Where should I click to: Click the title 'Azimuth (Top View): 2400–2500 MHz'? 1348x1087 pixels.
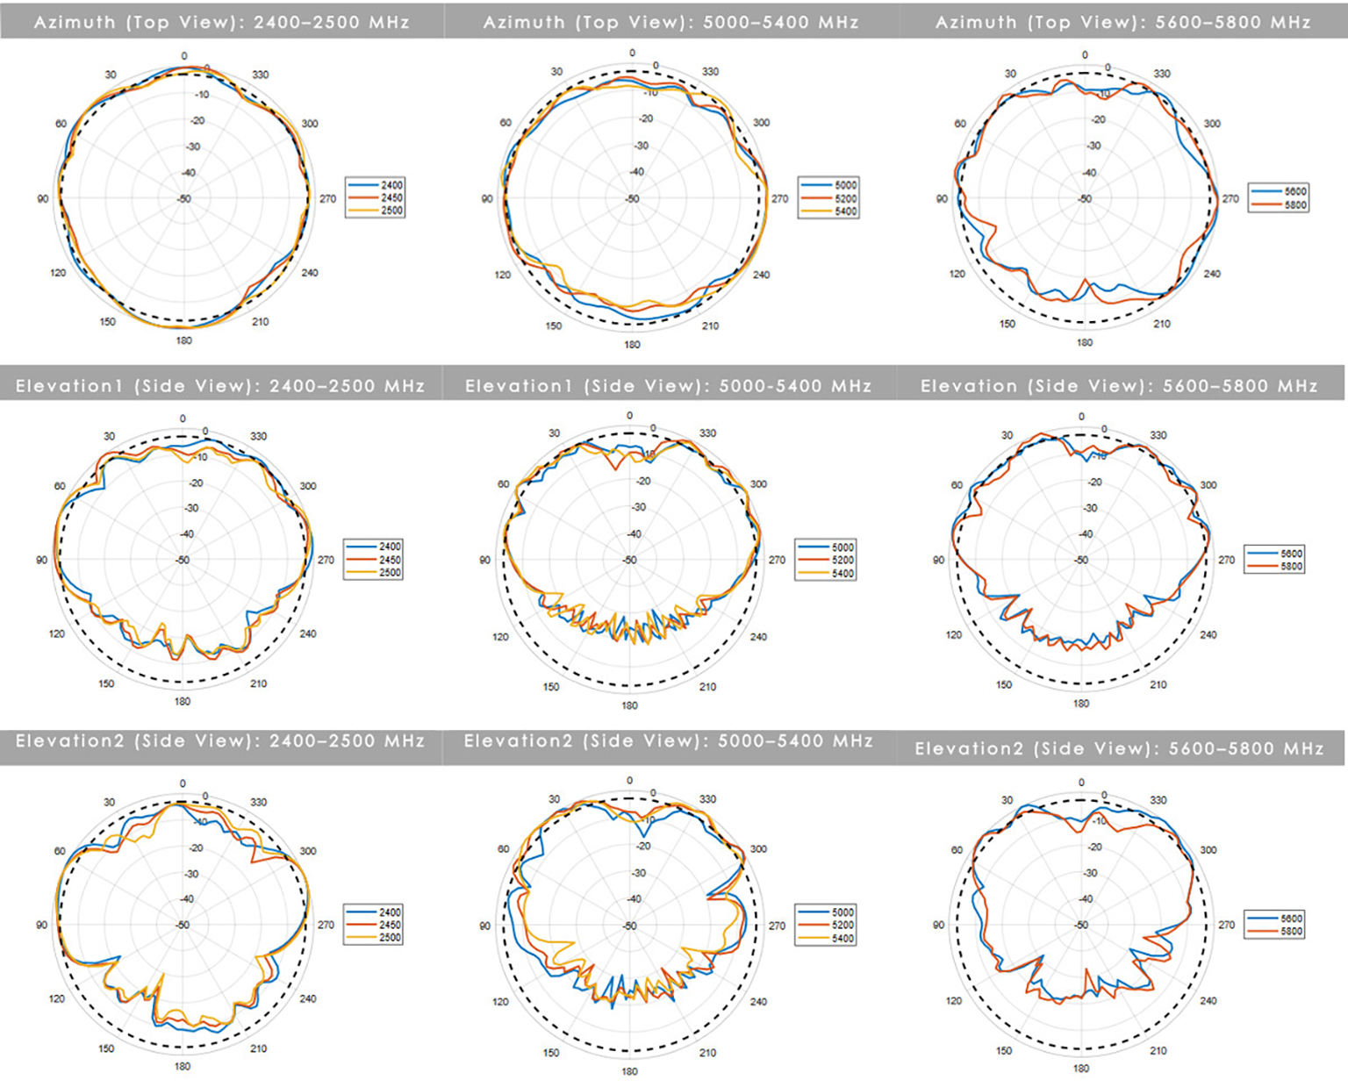[221, 22]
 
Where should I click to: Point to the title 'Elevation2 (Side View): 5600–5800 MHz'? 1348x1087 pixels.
[1119, 748]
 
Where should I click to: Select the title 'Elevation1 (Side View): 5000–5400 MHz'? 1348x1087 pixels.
[668, 386]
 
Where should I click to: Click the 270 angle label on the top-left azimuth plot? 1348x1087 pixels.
[327, 199]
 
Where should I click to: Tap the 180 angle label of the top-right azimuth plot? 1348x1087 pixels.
[1085, 342]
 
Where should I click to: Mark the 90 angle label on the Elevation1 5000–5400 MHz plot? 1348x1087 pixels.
[485, 560]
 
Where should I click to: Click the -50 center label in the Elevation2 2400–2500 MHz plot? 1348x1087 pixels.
[183, 926]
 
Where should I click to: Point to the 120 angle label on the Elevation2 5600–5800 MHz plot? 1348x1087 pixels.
[954, 1001]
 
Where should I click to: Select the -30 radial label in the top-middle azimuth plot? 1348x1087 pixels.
[642, 147]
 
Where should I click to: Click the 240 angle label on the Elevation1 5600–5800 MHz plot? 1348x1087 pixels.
[1208, 635]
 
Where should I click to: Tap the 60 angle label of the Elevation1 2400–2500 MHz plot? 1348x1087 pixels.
[60, 486]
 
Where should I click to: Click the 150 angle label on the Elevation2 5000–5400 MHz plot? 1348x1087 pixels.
[550, 1053]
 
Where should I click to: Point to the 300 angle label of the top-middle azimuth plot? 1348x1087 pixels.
[761, 123]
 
